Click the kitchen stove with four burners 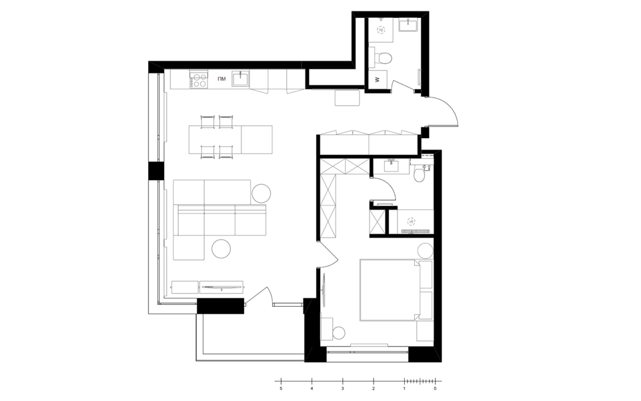point(199,79)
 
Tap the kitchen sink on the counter point(240,79)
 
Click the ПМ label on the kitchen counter point(221,78)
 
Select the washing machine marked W point(377,79)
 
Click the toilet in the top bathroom point(384,58)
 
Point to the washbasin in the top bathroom point(408,24)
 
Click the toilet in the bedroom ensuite point(419,174)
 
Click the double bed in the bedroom point(389,290)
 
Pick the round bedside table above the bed point(425,250)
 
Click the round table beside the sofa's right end point(261,193)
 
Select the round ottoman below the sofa point(222,248)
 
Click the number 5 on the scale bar point(281,389)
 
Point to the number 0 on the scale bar point(435,389)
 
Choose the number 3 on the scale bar point(342,389)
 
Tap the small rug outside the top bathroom point(347,97)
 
